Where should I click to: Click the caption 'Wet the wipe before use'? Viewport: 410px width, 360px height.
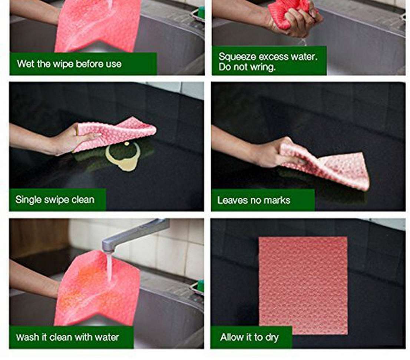coord(69,64)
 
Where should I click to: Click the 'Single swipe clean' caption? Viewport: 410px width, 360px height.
coord(55,200)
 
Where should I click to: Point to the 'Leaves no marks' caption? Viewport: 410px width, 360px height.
coord(254,200)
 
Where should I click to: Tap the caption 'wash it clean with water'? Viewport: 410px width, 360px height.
coord(67,337)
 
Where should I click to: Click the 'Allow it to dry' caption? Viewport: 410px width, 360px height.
coord(249,337)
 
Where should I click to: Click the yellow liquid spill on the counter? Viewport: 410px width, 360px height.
coord(123,157)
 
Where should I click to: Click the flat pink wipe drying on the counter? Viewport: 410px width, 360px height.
coord(303,285)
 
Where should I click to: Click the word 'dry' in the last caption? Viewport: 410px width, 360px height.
coord(272,338)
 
